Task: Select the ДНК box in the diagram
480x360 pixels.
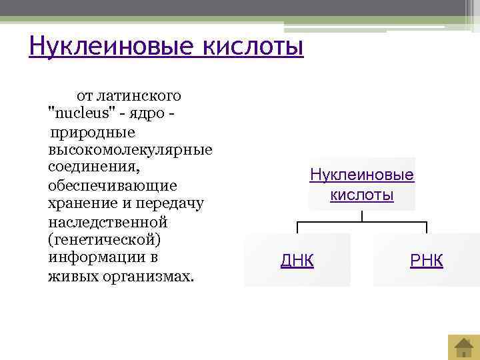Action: point(297,260)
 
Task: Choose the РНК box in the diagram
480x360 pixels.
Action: point(427,260)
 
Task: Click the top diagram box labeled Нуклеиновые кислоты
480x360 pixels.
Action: point(361,185)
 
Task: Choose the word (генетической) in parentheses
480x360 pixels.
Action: point(105,239)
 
